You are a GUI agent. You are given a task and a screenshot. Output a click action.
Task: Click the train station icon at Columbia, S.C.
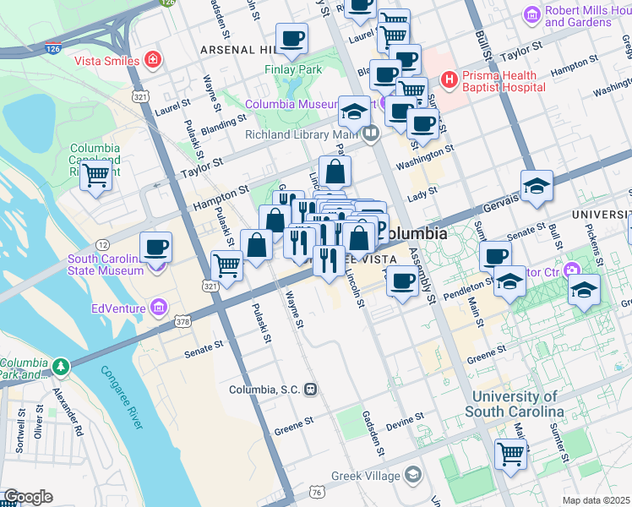(x=312, y=390)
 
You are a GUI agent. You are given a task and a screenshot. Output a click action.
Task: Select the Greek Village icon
(x=412, y=475)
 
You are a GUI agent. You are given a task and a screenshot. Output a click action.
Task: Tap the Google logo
(x=27, y=497)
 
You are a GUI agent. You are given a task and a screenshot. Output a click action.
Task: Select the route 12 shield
(x=102, y=244)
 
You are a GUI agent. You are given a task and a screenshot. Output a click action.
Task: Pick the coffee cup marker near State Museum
(x=156, y=247)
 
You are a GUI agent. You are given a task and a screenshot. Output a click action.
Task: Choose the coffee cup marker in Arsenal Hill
(x=291, y=38)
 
